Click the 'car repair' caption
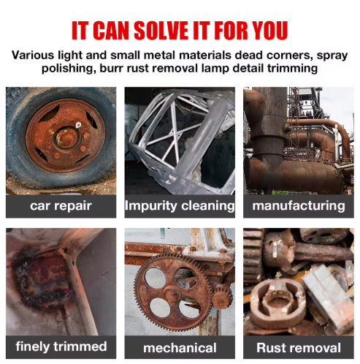click(x=61, y=206)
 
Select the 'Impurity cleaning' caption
click(x=180, y=206)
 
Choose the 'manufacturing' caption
click(x=298, y=206)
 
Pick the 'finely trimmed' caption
click(x=61, y=346)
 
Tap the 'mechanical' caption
click(x=180, y=347)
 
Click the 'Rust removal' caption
click(x=298, y=347)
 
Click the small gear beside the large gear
click(x=220, y=295)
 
